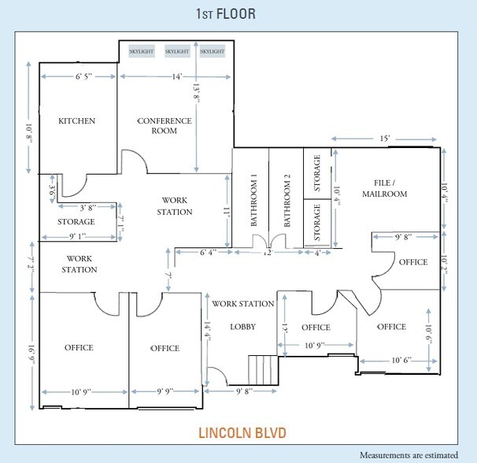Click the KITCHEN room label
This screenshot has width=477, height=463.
pos(76,120)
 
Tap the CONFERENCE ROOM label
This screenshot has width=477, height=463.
pos(165,126)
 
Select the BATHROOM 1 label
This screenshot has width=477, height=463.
pos(253,200)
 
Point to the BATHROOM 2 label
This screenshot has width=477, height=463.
pos(287,201)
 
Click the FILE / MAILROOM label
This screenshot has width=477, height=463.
pos(385,188)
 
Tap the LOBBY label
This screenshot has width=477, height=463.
pos(242,327)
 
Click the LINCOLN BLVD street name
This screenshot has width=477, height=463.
pos(242,433)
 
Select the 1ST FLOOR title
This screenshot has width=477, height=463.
pos(225,14)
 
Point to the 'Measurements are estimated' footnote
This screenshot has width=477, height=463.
pos(409,455)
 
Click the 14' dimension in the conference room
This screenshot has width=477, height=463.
pos(177,76)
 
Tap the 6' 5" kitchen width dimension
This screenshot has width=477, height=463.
pos(83,76)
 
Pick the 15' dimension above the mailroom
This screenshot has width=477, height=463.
pos(385,139)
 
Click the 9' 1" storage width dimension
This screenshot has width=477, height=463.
pos(78,236)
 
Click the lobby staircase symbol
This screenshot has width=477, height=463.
pos(264,370)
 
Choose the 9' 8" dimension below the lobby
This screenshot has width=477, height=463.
pos(245,391)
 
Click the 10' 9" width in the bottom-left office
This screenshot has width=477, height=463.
pos(81,392)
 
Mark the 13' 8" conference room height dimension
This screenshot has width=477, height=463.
pos(196,95)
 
